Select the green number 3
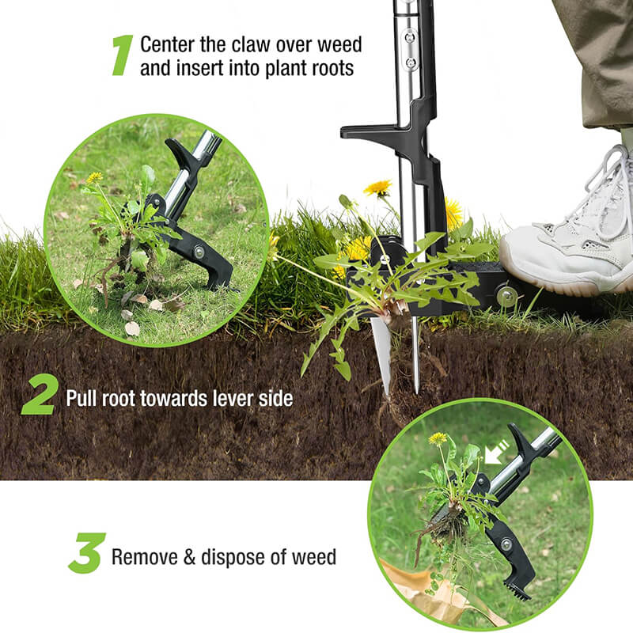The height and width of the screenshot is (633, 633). [x=87, y=553]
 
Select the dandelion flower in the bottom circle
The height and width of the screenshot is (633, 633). [x=438, y=438]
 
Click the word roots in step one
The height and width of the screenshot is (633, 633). [x=326, y=68]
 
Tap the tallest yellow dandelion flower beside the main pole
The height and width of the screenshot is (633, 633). [x=378, y=188]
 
